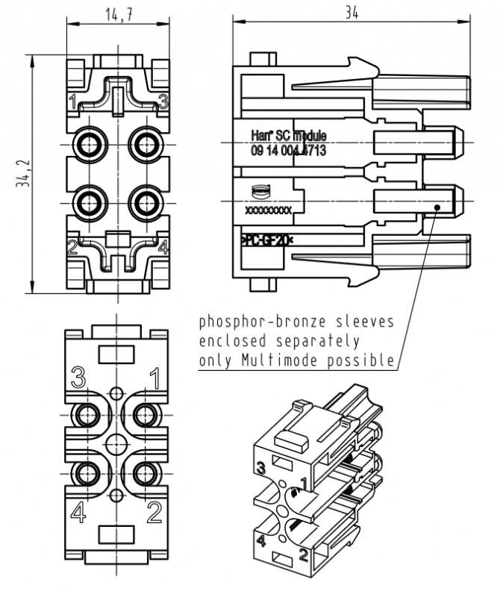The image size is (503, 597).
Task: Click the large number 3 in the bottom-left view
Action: coord(78,376)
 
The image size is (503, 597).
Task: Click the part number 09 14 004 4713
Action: coord(288,151)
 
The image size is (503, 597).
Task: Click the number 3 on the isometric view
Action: coord(261,469)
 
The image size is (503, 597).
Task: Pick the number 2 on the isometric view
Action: coord(304,554)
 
